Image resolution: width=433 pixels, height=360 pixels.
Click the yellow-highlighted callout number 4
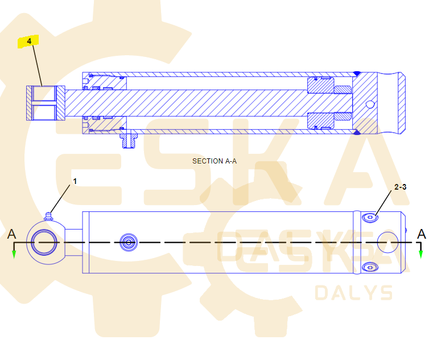coord(28,41)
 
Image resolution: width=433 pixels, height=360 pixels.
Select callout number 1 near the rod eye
coord(74,181)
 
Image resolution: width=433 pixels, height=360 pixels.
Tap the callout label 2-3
coord(401,186)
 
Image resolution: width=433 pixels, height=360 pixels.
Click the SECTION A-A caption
coord(215,161)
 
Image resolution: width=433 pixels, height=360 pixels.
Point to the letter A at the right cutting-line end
coord(421,234)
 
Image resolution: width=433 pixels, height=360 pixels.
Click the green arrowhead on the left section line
coord(14,254)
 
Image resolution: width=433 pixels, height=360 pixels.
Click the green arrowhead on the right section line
coord(420,254)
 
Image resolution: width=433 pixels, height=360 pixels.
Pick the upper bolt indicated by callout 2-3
coord(371,217)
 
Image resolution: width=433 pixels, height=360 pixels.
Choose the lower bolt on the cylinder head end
coord(371,266)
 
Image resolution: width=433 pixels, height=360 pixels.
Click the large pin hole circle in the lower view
coord(389,242)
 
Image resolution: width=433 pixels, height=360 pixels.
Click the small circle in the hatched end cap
coord(370,104)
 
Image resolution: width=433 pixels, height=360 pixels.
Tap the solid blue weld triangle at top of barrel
coord(357,73)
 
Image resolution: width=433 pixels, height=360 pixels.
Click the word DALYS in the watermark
coord(353,293)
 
